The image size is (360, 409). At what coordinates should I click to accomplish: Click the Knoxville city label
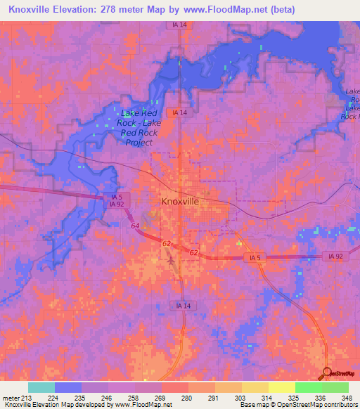click(180, 201)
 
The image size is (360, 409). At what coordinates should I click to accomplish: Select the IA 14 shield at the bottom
click(180, 304)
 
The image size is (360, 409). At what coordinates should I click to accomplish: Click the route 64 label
click(134, 226)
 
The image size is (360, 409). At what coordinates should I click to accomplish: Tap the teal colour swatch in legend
click(41, 387)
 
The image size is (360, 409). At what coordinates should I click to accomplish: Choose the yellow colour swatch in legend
click(281, 387)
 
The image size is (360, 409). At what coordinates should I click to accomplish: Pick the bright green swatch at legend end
click(335, 387)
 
